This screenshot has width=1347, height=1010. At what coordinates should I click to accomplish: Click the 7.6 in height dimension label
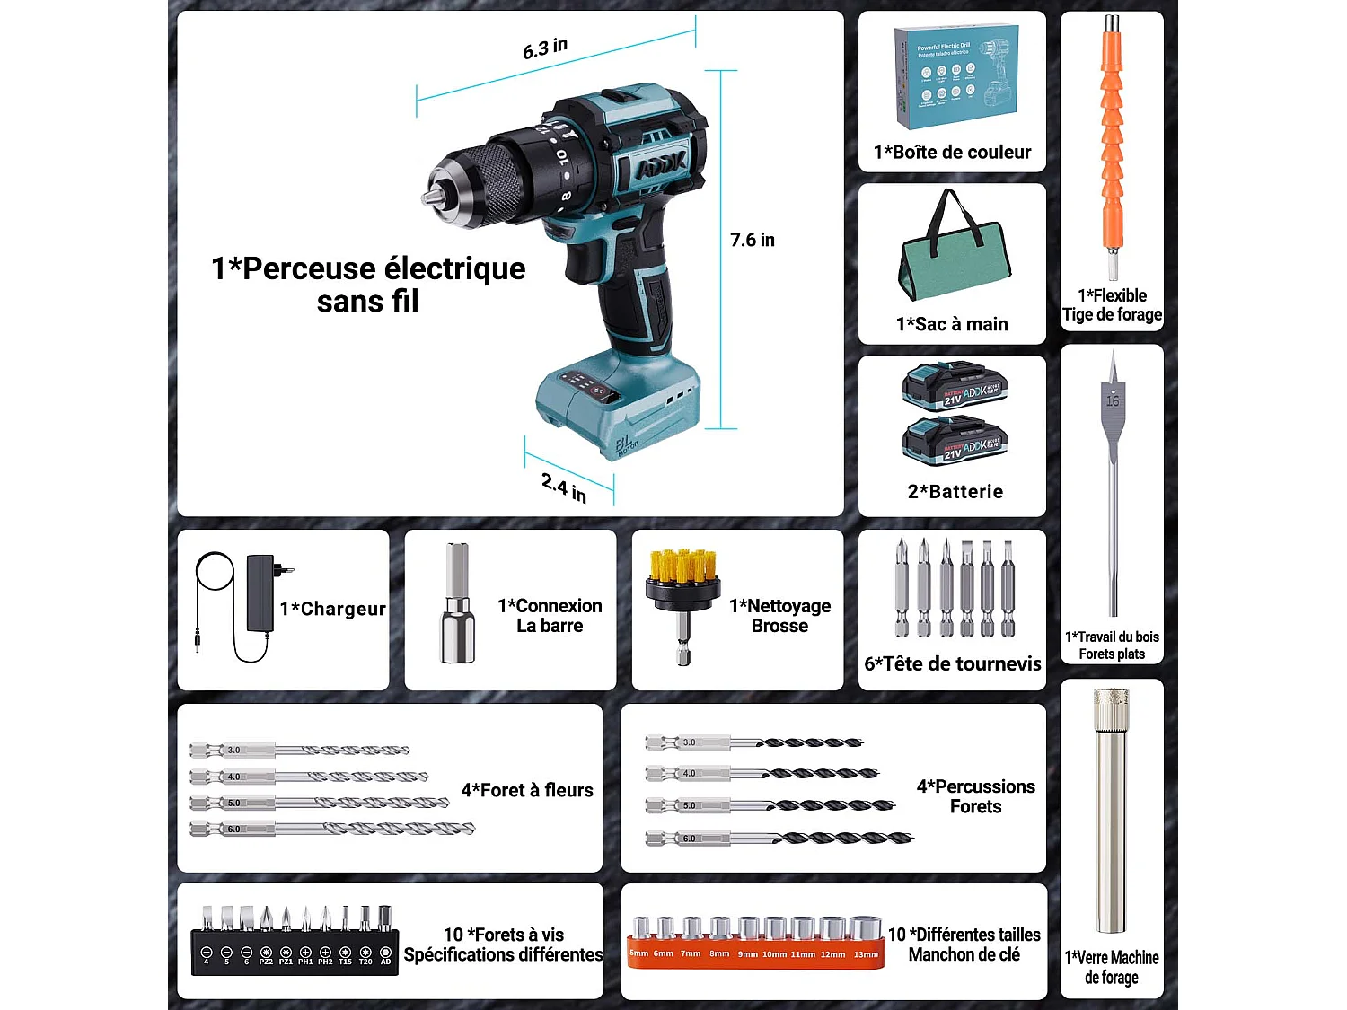[752, 240]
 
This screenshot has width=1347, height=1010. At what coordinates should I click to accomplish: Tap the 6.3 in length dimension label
[545, 48]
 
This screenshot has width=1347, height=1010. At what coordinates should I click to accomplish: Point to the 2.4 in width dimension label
[564, 487]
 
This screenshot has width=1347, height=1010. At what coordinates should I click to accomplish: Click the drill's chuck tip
[430, 197]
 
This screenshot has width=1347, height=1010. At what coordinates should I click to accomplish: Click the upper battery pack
[955, 386]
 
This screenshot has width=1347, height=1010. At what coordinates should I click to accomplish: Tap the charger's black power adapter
[260, 593]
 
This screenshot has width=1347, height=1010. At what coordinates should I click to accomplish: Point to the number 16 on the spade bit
[1113, 401]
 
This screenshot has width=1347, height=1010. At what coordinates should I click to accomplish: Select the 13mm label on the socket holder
[866, 954]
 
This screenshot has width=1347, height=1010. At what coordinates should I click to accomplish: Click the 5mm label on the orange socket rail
[638, 953]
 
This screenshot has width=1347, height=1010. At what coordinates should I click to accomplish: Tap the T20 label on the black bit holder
[365, 962]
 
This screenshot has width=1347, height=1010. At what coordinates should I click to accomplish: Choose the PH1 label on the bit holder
[305, 962]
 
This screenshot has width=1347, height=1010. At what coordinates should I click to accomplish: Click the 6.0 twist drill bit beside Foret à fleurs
[332, 829]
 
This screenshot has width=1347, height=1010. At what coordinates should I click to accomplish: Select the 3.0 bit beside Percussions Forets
[754, 742]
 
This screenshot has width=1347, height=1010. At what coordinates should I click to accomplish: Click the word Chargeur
[343, 609]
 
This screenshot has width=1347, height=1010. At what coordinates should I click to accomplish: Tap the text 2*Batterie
[955, 491]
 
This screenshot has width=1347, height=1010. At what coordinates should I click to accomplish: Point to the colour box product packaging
[955, 77]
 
